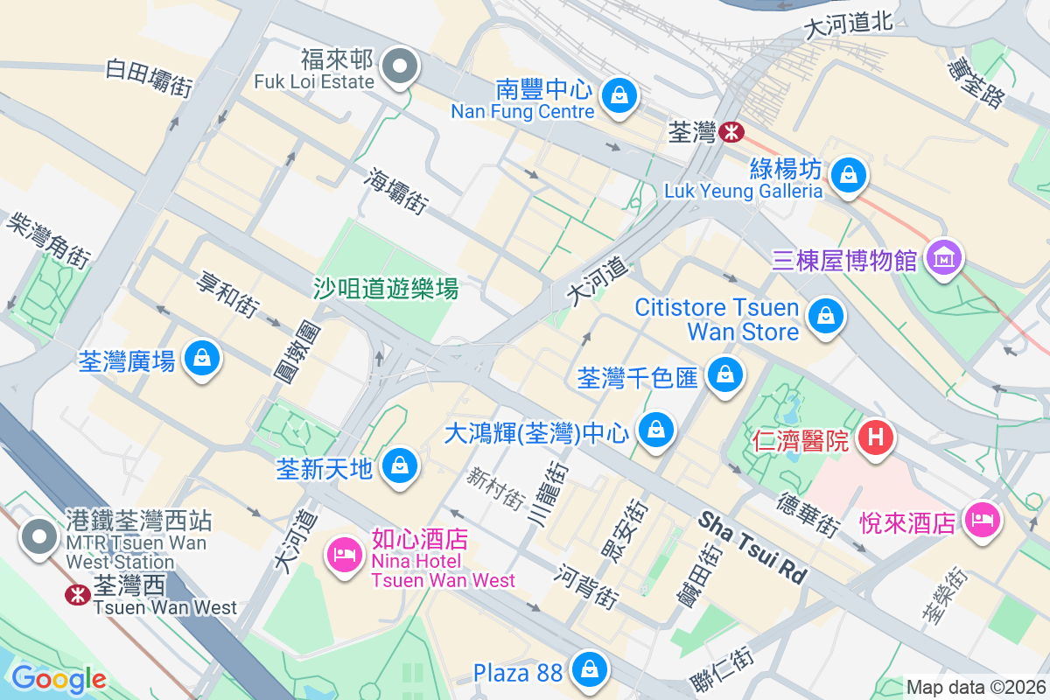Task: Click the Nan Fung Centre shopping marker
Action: click(x=619, y=93)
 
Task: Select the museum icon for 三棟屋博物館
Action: click(x=943, y=258)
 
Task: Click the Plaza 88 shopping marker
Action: click(x=591, y=670)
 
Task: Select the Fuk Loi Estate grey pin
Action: click(x=401, y=66)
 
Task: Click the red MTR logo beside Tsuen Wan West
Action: click(x=78, y=595)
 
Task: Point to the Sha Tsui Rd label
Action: click(x=752, y=548)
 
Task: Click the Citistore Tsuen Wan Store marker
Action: click(x=825, y=316)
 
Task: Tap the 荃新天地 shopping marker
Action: click(x=401, y=465)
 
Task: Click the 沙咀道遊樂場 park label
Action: click(x=386, y=288)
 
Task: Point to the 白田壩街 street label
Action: click(x=149, y=78)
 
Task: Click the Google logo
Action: click(x=59, y=679)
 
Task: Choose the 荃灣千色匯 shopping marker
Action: click(x=724, y=375)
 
